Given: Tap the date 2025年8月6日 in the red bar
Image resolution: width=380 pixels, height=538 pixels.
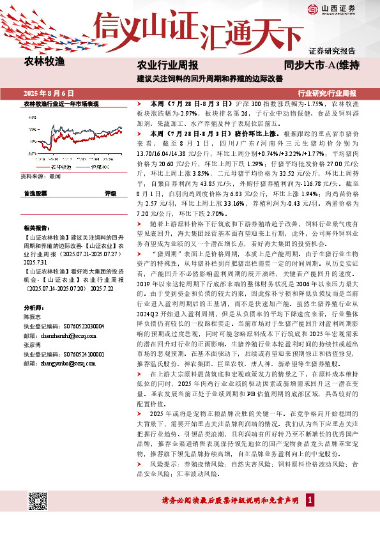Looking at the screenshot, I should tap(49, 93).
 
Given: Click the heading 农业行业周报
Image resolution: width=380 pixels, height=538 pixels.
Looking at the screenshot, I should tap(168, 65).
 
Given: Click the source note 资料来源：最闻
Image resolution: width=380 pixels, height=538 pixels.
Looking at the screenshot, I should tap(40, 175).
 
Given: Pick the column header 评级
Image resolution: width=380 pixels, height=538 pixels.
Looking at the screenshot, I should tap(110, 193).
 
